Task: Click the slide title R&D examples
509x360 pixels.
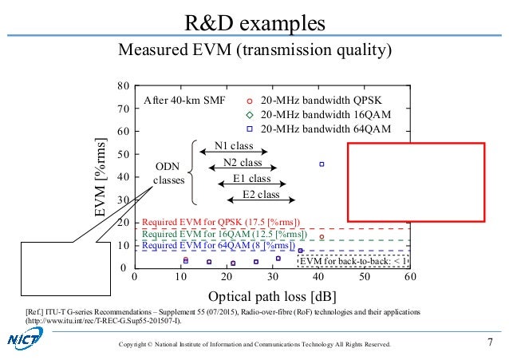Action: [254, 22]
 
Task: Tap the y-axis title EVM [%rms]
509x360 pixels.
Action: [102, 176]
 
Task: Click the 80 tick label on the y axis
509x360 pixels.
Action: [123, 85]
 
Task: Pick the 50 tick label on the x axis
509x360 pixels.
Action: [364, 277]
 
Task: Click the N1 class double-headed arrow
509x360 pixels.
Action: [232, 152]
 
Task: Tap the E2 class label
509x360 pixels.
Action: [260, 194]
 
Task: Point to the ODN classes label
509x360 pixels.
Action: [169, 173]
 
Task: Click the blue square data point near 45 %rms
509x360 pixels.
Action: [322, 164]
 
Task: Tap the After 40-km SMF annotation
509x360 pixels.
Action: [185, 101]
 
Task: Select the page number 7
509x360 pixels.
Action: [489, 343]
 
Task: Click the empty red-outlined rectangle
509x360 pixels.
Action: [416, 181]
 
